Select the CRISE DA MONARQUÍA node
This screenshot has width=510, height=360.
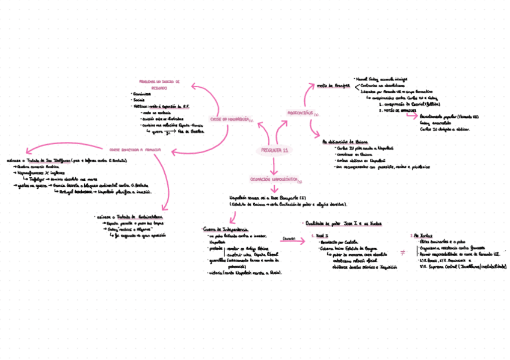pyautogui.click(x=231, y=119)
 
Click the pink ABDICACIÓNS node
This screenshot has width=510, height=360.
pyautogui.click(x=301, y=113)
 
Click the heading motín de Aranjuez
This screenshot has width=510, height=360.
pyautogui.click(x=333, y=85)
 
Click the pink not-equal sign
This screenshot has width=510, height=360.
pyautogui.click(x=402, y=252)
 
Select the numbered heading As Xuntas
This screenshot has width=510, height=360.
pyautogui.click(x=419, y=236)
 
